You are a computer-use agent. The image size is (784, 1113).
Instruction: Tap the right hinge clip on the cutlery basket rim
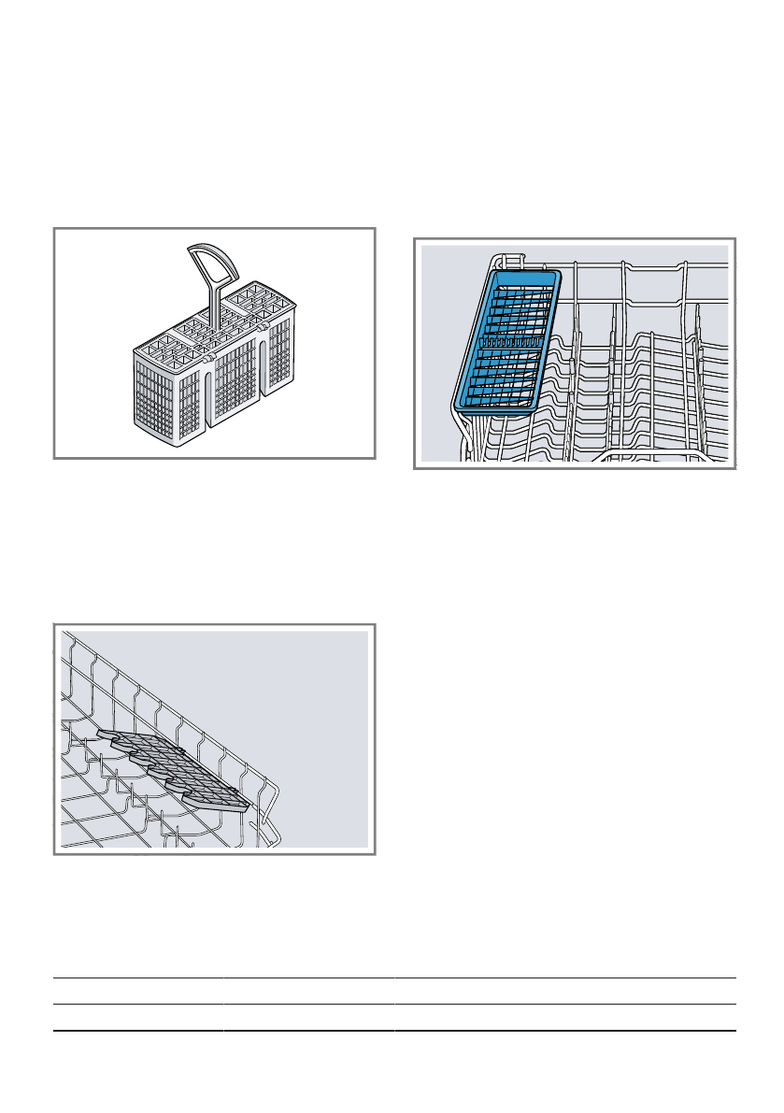pyautogui.click(x=265, y=328)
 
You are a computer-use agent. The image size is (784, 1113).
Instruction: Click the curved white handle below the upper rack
pyautogui.click(x=663, y=455)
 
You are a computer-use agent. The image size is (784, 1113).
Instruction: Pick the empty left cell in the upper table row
pyautogui.click(x=137, y=991)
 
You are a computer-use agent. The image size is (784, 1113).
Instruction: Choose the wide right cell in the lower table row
pyautogui.click(x=564, y=1018)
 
